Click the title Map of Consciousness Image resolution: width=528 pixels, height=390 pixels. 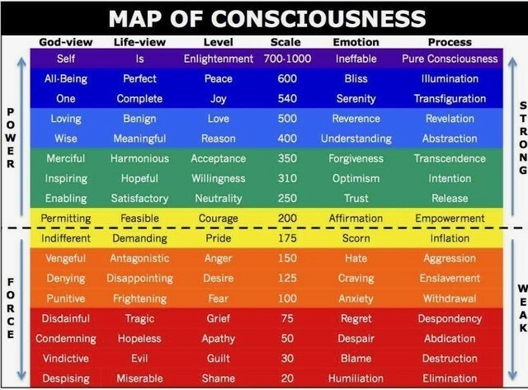click(267, 18)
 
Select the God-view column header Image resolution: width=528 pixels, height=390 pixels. click(66, 42)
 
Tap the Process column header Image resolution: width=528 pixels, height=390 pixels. click(450, 42)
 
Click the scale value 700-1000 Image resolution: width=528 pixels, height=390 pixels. click(287, 59)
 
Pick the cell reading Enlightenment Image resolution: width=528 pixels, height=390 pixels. click(218, 59)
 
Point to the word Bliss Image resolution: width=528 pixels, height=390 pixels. click(356, 78)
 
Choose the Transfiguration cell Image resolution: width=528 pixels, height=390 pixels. click(450, 99)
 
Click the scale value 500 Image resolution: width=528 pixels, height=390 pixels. click(287, 119)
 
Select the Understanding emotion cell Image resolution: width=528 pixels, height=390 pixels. click(356, 139)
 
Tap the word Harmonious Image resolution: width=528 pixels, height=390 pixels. click(139, 158)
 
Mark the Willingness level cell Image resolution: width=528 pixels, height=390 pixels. click(218, 179)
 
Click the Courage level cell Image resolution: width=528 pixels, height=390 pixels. click(218, 218)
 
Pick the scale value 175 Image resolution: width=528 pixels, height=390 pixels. click(287, 238)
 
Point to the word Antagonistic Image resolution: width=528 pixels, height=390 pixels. click(139, 258)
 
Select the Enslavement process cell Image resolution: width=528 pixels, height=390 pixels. click(450, 279)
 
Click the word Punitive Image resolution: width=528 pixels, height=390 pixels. click(66, 298)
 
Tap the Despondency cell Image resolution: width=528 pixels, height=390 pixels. click(450, 318)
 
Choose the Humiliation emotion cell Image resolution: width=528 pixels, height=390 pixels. click(356, 378)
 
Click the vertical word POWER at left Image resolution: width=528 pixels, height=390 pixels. click(11, 138)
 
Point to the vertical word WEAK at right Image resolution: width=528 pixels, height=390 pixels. click(522, 308)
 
